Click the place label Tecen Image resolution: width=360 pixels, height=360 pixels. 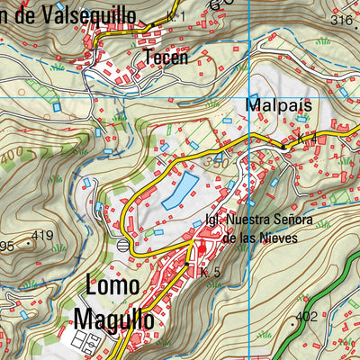tap(166, 58)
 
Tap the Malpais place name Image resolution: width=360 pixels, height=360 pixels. tap(278, 105)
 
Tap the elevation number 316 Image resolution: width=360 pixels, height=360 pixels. tap(341, 20)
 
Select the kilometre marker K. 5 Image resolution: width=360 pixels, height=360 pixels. tap(211, 273)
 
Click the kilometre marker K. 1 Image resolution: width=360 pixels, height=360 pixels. tap(175, 17)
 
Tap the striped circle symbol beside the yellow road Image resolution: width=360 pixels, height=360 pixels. tap(123, 243)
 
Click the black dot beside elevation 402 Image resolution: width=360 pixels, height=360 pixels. tap(293, 319)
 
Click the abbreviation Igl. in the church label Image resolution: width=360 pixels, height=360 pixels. tap(214, 220)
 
